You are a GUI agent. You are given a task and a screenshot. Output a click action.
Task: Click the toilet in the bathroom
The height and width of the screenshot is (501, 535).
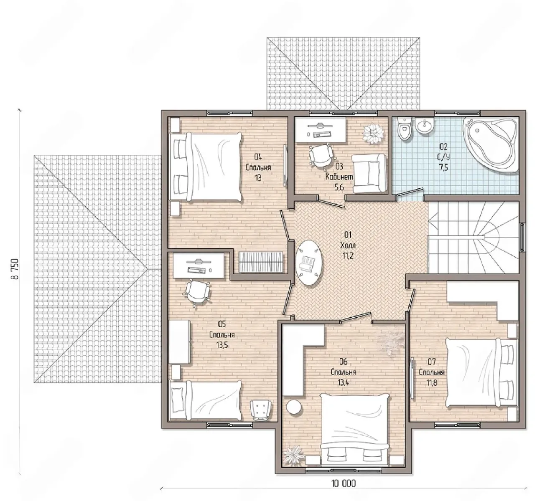(x=404, y=129)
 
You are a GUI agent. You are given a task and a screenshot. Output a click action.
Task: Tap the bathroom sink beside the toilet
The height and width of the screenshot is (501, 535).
(x=424, y=126)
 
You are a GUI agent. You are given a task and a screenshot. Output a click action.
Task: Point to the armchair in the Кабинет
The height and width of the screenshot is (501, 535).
(x=369, y=173)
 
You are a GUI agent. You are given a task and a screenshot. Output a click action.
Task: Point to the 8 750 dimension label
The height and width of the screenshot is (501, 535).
(x=15, y=269)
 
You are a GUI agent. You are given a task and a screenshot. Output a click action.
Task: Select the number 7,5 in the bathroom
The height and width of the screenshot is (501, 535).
(x=443, y=167)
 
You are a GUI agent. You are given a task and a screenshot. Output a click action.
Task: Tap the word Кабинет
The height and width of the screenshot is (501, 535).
(x=339, y=177)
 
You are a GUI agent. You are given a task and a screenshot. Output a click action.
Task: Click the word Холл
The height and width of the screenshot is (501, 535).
(x=348, y=245)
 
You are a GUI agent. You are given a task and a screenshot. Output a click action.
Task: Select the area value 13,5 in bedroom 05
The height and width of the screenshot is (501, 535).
(x=222, y=345)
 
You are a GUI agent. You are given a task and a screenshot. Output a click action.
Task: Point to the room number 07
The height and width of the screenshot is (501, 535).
(x=431, y=362)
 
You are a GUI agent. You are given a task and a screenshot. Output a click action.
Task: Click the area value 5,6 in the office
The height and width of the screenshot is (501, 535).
(x=339, y=187)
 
